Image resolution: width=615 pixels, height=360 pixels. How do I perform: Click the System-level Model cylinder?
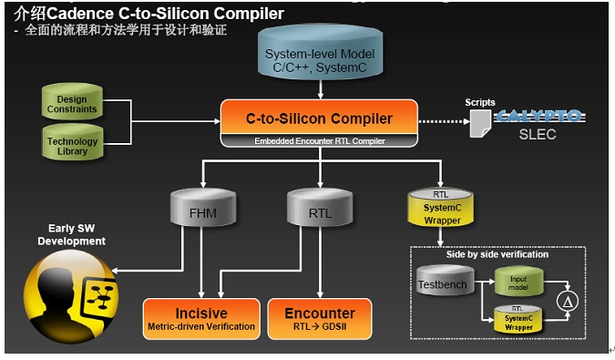[x=320, y=57]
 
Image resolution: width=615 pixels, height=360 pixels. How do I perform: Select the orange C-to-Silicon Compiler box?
[x=319, y=118]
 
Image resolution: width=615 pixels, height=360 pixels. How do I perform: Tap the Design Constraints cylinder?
[x=72, y=104]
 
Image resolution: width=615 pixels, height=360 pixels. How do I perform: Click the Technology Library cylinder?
[x=72, y=145]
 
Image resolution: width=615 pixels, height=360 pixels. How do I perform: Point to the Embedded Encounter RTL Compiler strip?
[x=319, y=141]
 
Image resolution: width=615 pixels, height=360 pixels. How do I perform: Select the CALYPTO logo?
[x=538, y=117]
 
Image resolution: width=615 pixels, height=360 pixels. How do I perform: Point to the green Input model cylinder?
[x=518, y=283]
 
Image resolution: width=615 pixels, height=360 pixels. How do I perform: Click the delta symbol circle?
[x=568, y=302]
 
